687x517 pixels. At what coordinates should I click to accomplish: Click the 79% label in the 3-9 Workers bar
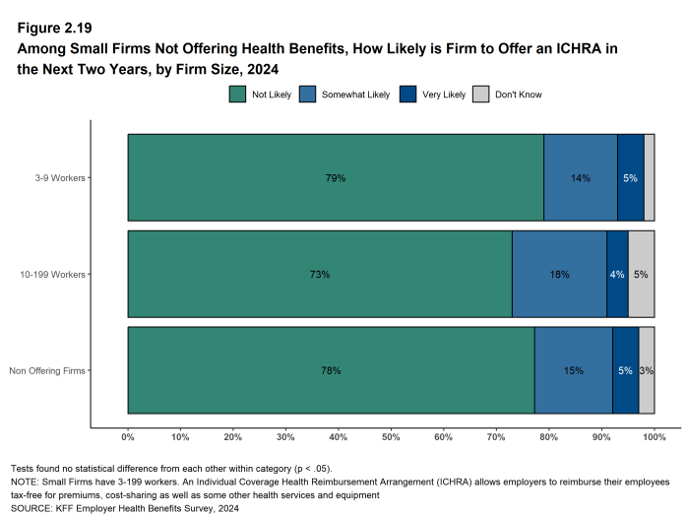[x=336, y=178]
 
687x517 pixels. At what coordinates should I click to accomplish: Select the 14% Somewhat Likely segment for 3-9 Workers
[x=581, y=178]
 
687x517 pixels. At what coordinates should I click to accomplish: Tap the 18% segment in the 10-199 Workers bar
[x=559, y=274]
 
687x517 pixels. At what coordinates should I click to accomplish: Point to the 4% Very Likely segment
[x=617, y=274]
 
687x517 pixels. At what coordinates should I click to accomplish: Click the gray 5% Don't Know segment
[x=641, y=274]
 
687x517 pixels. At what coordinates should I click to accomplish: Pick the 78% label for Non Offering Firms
[x=331, y=370]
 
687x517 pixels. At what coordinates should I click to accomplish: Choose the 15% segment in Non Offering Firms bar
[x=574, y=370]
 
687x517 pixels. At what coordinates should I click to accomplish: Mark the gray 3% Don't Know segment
[x=647, y=370]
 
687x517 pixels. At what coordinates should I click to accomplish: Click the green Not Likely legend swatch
[x=237, y=95]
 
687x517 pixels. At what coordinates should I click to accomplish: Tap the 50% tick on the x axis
[x=391, y=436]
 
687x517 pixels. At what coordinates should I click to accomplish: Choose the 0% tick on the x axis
[x=128, y=436]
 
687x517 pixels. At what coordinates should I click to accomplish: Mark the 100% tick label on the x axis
[x=654, y=436]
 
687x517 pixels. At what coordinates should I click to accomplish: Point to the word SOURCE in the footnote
[x=30, y=508]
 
